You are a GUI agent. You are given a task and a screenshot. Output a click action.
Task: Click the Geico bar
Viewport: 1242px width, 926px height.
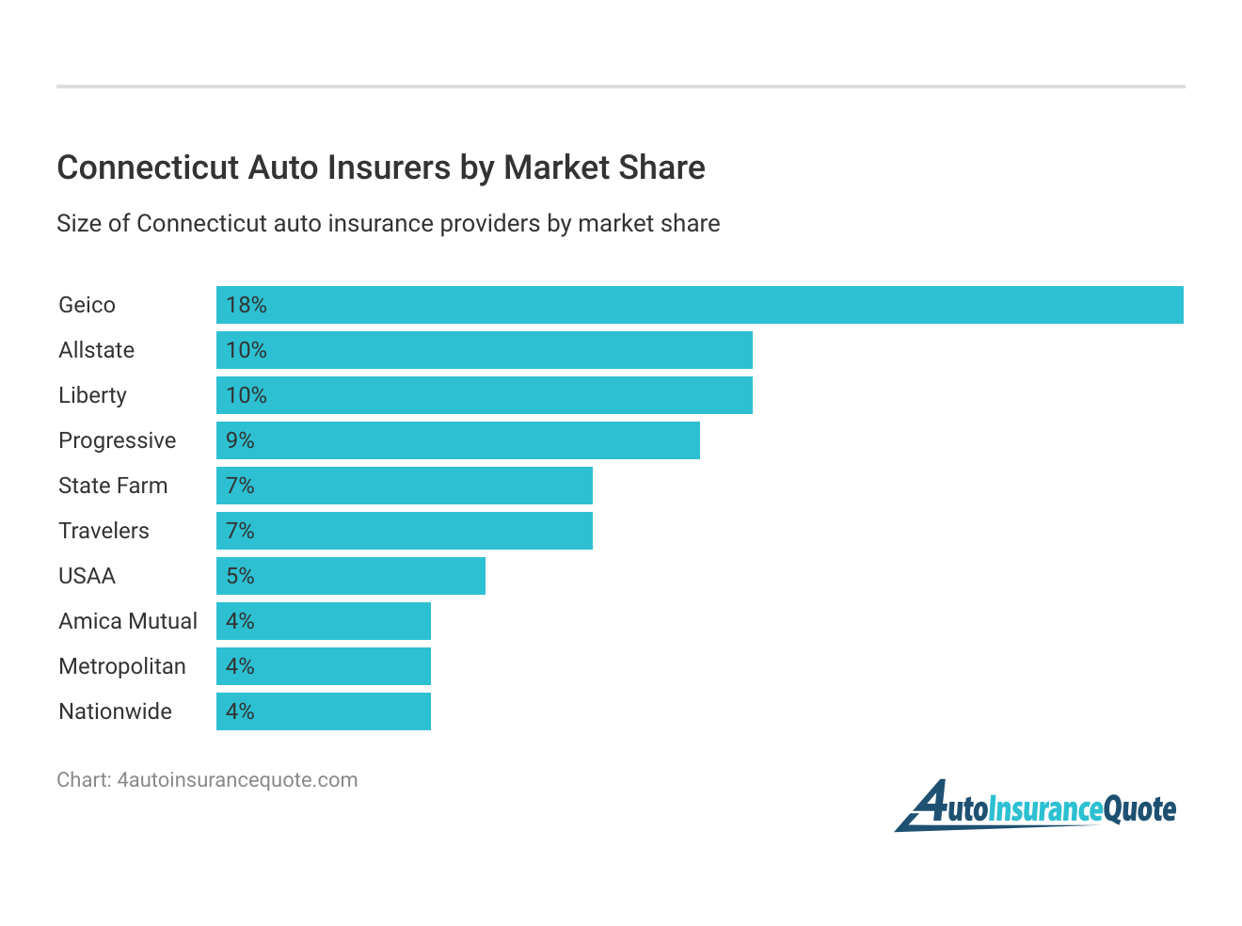700,305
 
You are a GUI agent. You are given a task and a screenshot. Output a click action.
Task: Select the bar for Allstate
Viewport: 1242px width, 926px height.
485,350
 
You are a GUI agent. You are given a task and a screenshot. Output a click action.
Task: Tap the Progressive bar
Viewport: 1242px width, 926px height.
458,440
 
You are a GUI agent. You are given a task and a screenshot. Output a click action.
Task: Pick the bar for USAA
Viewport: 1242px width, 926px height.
351,576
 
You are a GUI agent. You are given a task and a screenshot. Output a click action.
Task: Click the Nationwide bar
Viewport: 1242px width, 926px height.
324,711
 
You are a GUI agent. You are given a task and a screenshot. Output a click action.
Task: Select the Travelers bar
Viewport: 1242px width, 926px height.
405,531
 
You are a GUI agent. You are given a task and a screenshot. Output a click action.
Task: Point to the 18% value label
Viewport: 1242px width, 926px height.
247,305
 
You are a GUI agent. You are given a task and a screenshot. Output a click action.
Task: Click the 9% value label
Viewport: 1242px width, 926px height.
241,440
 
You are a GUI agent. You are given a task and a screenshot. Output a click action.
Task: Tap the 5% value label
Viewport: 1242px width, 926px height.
241,576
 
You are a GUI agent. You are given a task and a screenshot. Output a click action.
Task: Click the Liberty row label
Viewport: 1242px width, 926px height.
92,395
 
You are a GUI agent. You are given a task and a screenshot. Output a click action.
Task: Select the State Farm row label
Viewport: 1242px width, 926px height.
113,486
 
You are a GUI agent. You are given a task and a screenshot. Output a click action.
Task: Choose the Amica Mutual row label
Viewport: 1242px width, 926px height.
128,621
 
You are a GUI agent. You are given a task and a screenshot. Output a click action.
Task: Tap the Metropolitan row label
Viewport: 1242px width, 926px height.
122,666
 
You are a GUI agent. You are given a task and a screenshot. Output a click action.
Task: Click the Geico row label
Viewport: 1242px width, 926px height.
87,305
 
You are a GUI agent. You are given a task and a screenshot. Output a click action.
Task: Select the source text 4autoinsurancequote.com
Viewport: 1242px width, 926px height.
237,780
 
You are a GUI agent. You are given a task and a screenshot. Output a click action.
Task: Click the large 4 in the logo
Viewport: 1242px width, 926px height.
928,806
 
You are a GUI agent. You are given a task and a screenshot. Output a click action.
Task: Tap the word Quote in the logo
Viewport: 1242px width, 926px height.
1139,809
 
